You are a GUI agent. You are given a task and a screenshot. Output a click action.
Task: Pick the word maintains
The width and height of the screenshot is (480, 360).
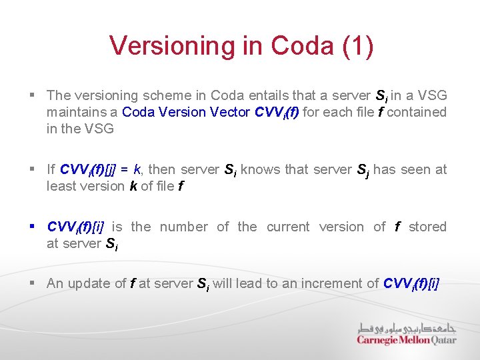73,112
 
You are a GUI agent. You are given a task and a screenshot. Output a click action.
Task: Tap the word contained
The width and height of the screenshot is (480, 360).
417,112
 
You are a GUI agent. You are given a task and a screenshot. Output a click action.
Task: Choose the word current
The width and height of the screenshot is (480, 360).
288,227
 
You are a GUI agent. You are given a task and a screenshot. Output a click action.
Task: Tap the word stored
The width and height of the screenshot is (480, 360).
427,227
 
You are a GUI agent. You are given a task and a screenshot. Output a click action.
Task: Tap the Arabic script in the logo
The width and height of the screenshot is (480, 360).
407,328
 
